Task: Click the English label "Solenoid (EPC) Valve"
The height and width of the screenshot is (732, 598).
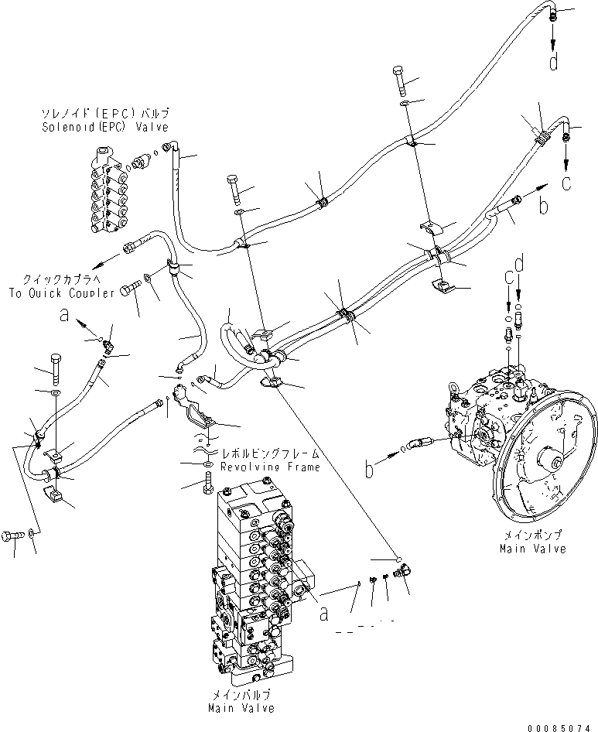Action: click(x=105, y=126)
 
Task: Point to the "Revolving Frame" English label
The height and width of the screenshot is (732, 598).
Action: click(x=258, y=467)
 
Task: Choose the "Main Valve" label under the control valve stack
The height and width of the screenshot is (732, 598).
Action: click(x=241, y=708)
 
